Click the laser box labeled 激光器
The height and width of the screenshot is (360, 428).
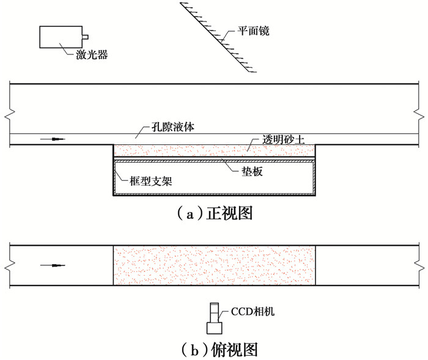[61, 37]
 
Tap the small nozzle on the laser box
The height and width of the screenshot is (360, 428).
[85, 37]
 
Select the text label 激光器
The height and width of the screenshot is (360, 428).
[92, 55]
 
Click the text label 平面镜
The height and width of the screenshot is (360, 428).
[253, 31]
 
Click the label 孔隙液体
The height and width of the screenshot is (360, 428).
[173, 127]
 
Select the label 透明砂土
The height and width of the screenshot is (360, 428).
[283, 139]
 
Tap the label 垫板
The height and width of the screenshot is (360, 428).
[252, 171]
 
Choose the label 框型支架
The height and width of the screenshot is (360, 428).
[150, 181]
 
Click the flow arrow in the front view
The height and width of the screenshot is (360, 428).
[53, 139]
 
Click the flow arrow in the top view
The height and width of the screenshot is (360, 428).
[53, 265]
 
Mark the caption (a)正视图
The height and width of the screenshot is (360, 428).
[215, 213]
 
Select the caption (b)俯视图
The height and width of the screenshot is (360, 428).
[220, 350]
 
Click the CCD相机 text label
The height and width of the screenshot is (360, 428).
[253, 312]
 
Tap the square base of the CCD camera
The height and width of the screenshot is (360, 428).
[214, 328]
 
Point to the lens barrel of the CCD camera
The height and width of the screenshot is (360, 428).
[215, 313]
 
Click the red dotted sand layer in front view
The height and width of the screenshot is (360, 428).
[214, 150]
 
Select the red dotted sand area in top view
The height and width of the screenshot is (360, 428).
[214, 265]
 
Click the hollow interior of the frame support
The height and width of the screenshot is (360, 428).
[214, 178]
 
